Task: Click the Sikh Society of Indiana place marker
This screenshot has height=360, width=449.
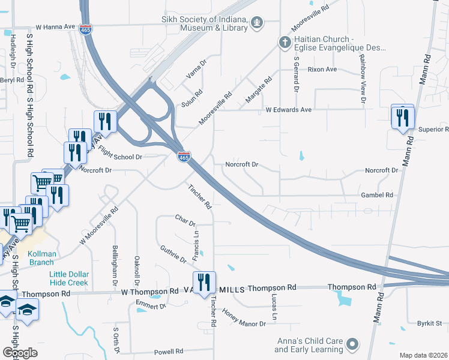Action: pyautogui.click(x=258, y=23)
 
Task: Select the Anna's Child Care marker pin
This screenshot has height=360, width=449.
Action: pyautogui.click(x=352, y=345)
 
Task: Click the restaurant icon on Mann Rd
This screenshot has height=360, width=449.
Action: pyautogui.click(x=402, y=117)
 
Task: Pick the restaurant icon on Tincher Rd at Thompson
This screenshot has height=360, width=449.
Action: pyautogui.click(x=203, y=282)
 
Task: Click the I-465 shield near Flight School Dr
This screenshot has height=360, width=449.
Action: pyautogui.click(x=184, y=157)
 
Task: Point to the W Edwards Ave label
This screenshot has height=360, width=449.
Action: pyautogui.click(x=289, y=110)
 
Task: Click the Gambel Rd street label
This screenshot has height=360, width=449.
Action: pyautogui.click(x=377, y=196)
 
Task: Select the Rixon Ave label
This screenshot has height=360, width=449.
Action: pyautogui.click(x=322, y=70)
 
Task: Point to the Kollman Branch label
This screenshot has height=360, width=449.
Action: pyautogui.click(x=42, y=258)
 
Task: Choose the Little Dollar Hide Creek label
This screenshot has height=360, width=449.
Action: pyautogui.click(x=68, y=278)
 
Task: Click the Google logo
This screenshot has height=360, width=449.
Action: pyautogui.click(x=20, y=353)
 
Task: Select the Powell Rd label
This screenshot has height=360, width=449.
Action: pyautogui.click(x=169, y=352)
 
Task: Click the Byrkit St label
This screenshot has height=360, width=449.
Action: pyautogui.click(x=429, y=323)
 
